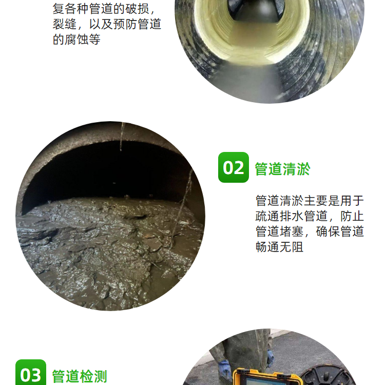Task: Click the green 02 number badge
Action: click(233, 167)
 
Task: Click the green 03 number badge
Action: click(31, 373)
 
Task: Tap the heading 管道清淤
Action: click(283, 169)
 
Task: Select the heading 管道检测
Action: click(80, 376)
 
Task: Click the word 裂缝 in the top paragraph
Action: click(65, 24)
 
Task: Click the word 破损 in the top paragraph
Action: click(137, 9)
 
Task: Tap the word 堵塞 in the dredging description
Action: click(292, 232)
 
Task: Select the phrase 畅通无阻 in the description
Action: click(279, 247)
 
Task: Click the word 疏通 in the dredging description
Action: click(267, 216)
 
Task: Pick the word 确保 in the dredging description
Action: click(328, 232)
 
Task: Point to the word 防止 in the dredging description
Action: click(352, 216)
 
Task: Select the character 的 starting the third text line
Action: click(59, 40)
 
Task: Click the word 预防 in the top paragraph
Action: click(125, 24)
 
